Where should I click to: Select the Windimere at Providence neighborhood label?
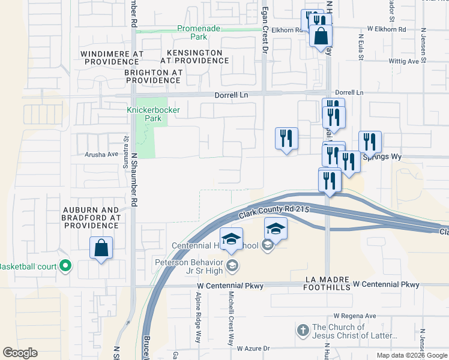tap(112, 57)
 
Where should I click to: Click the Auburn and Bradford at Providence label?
tap(91, 218)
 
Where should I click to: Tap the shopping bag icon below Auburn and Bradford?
tap(101, 248)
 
